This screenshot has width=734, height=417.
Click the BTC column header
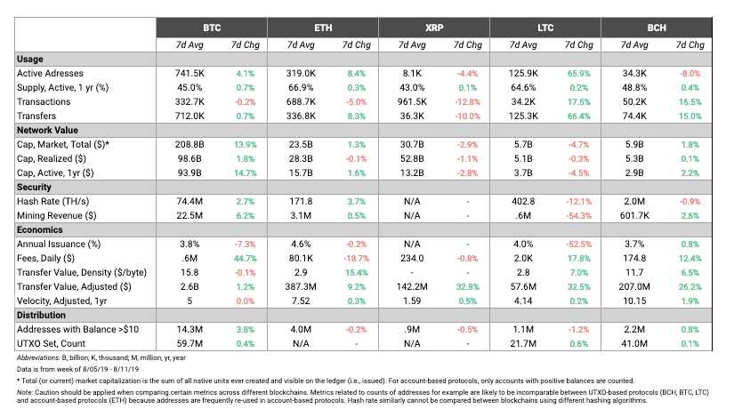[x=212, y=28]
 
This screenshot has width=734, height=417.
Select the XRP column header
[x=434, y=28]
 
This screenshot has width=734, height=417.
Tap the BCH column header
[x=657, y=28]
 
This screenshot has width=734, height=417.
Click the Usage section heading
[x=30, y=59]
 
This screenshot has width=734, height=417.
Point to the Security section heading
[x=34, y=188]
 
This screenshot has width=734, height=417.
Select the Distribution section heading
[x=41, y=315]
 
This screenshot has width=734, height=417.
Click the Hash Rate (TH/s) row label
[x=52, y=201]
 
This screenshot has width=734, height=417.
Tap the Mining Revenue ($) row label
[x=57, y=216]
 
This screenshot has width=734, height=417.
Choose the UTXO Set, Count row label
[x=51, y=343]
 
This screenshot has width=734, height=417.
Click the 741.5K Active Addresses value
[x=190, y=74]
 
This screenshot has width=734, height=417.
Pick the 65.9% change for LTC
[x=578, y=74]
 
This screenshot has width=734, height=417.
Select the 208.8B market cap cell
[x=190, y=145]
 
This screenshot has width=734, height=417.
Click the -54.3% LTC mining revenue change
[x=578, y=216]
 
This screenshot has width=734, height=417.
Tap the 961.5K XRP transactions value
[x=412, y=102]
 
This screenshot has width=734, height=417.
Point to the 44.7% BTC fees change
[x=245, y=259]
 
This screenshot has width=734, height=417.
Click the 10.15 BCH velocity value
[x=634, y=301]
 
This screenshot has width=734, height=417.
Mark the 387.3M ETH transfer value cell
[x=301, y=287]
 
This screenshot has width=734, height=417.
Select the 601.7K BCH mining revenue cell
[x=634, y=216]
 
